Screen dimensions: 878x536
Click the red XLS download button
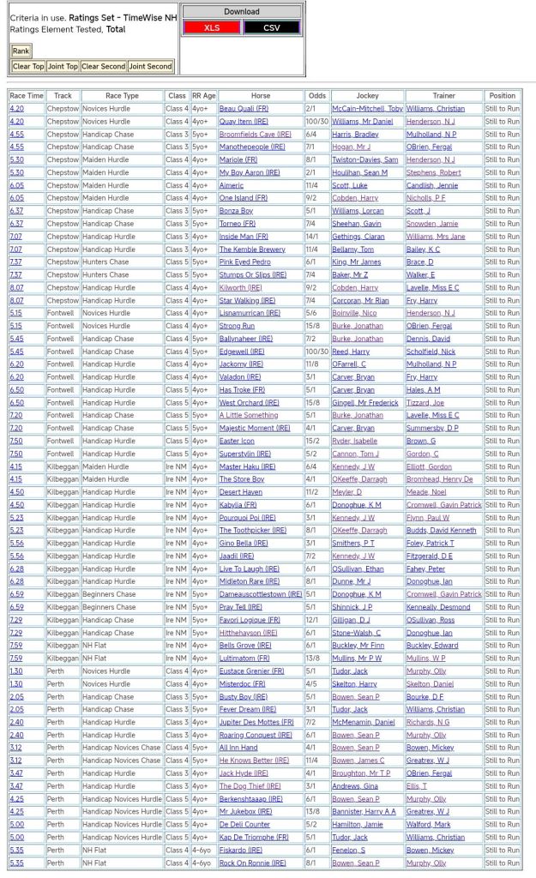coord(212,27)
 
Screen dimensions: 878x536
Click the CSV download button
coord(272,27)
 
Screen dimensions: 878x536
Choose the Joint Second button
coord(151,66)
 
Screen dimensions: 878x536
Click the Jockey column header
coord(367,96)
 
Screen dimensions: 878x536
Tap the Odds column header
coord(316,96)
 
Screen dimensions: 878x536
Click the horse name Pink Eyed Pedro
coord(244,262)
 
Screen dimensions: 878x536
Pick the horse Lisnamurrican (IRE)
coord(250,313)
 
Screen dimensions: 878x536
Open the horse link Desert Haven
coord(240,492)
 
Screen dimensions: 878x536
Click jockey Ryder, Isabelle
coord(354,441)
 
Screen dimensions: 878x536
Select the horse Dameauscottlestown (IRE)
coord(260,594)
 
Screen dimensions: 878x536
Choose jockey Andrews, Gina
coord(354,786)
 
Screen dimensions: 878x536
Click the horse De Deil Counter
coord(244,824)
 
